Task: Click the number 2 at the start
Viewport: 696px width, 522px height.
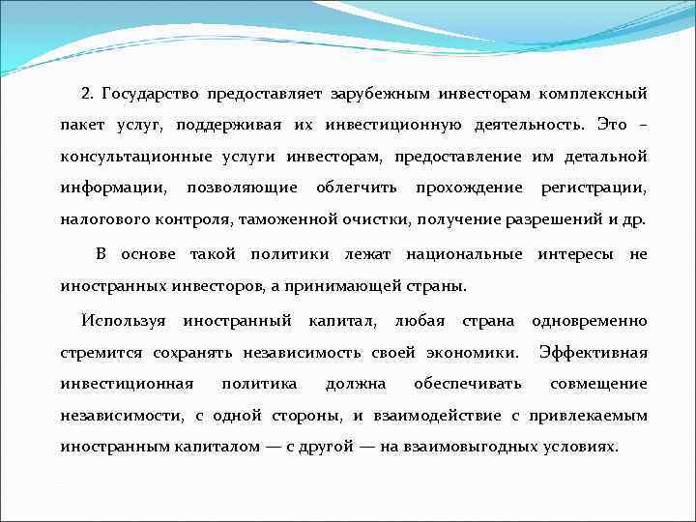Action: pos(86,94)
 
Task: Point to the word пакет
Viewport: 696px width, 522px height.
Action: pos(80,126)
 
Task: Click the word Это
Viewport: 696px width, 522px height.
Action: pos(612,126)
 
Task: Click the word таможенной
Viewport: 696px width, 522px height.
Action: pos(312,219)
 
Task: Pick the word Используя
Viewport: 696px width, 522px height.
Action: pos(124,321)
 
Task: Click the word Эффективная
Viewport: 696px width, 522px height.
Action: pos(593,352)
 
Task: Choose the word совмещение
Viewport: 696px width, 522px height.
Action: pos(598,384)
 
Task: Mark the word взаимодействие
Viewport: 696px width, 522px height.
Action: pos(437,416)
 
